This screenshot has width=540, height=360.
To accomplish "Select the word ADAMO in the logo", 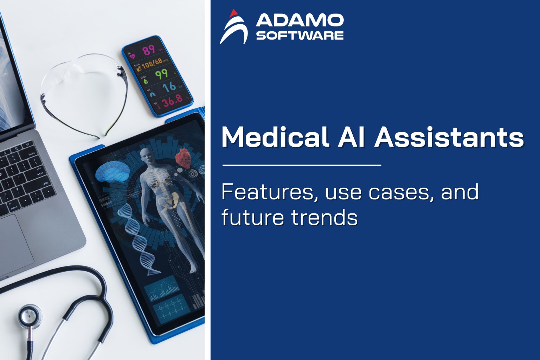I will pyautogui.click(x=300, y=21).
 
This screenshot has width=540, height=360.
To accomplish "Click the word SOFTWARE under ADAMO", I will pyautogui.click(x=300, y=36).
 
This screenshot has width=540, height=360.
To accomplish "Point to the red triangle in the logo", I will pyautogui.click(x=232, y=13).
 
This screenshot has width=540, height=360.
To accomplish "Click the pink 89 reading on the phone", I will pyautogui.click(x=149, y=50).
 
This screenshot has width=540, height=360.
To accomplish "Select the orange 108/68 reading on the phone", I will pyautogui.click(x=152, y=63).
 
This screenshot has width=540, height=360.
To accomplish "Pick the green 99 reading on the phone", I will pyautogui.click(x=162, y=74).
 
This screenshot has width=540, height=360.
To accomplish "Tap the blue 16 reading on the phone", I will pyautogui.click(x=169, y=86).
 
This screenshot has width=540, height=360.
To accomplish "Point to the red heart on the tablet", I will pyautogui.click(x=183, y=157).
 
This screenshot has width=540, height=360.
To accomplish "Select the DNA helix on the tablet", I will pyautogui.click(x=139, y=239).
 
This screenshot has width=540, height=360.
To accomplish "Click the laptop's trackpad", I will pyautogui.click(x=16, y=243).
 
